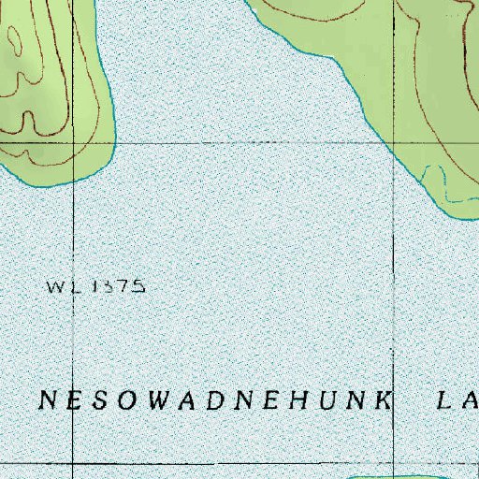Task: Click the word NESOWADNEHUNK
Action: (214, 400)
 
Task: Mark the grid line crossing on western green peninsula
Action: (73, 143)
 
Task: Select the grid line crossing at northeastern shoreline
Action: (392, 143)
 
